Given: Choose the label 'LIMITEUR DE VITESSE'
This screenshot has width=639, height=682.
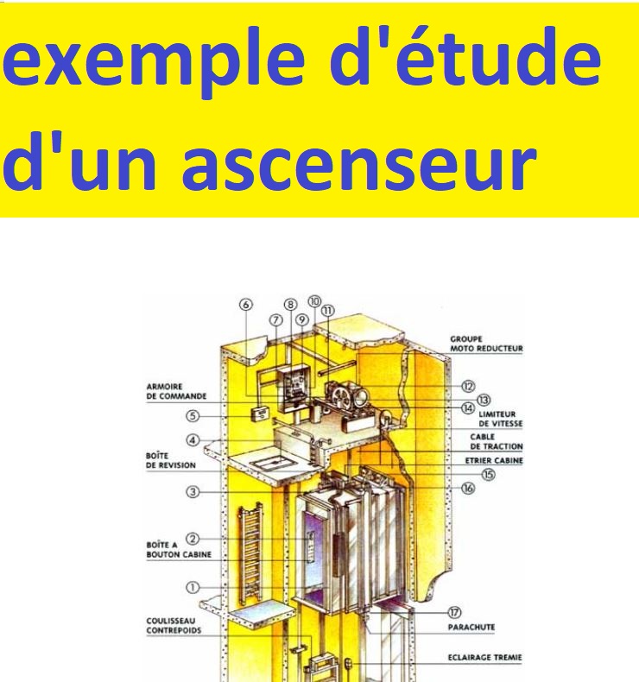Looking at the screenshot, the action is (x=497, y=420).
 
